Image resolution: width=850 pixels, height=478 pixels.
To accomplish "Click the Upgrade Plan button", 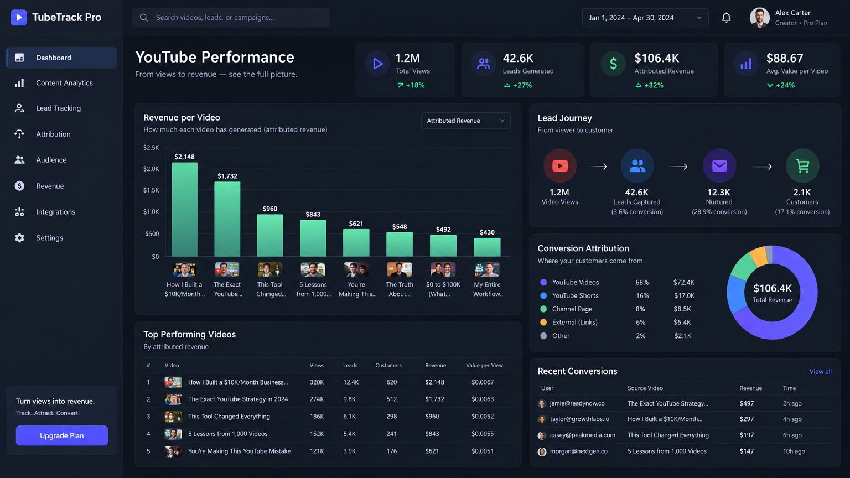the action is (x=62, y=435).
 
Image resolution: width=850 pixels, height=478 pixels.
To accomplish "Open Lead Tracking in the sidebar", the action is (x=58, y=108).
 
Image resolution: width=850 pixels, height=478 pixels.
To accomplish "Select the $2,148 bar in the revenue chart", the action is (x=184, y=210).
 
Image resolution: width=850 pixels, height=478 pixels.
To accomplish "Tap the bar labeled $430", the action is (x=487, y=247).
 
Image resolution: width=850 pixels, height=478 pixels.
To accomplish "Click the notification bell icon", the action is (x=726, y=18).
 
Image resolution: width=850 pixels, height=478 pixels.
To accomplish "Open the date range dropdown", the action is (x=645, y=18).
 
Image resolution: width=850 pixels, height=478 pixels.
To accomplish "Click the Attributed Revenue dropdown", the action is (x=465, y=121).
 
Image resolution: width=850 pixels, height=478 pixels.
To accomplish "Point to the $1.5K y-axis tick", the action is (x=151, y=190).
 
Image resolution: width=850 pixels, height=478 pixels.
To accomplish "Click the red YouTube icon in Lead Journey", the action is (x=559, y=166).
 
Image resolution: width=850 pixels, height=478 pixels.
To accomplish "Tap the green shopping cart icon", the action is (x=802, y=166).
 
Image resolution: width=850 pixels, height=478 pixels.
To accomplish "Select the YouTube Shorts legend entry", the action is (x=576, y=295).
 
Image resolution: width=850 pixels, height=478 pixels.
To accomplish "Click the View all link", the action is (x=821, y=371).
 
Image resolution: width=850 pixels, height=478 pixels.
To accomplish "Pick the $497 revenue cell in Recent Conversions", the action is (x=747, y=403).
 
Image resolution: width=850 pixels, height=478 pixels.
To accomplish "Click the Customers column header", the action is (x=388, y=365).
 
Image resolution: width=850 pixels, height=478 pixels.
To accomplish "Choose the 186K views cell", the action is (x=317, y=416).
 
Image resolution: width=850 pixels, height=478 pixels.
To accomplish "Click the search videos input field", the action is (x=231, y=18).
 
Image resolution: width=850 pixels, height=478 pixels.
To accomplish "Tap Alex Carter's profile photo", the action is (x=760, y=18).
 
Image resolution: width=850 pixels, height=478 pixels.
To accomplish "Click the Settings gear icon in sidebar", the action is (x=19, y=238).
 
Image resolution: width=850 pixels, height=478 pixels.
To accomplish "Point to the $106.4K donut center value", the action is (x=772, y=288).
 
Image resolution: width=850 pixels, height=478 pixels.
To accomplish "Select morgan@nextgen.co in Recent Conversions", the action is (x=578, y=451).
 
